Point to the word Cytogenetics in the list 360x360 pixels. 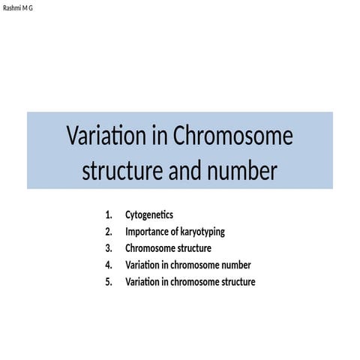[148, 215]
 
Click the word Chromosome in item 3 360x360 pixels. [150, 248]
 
